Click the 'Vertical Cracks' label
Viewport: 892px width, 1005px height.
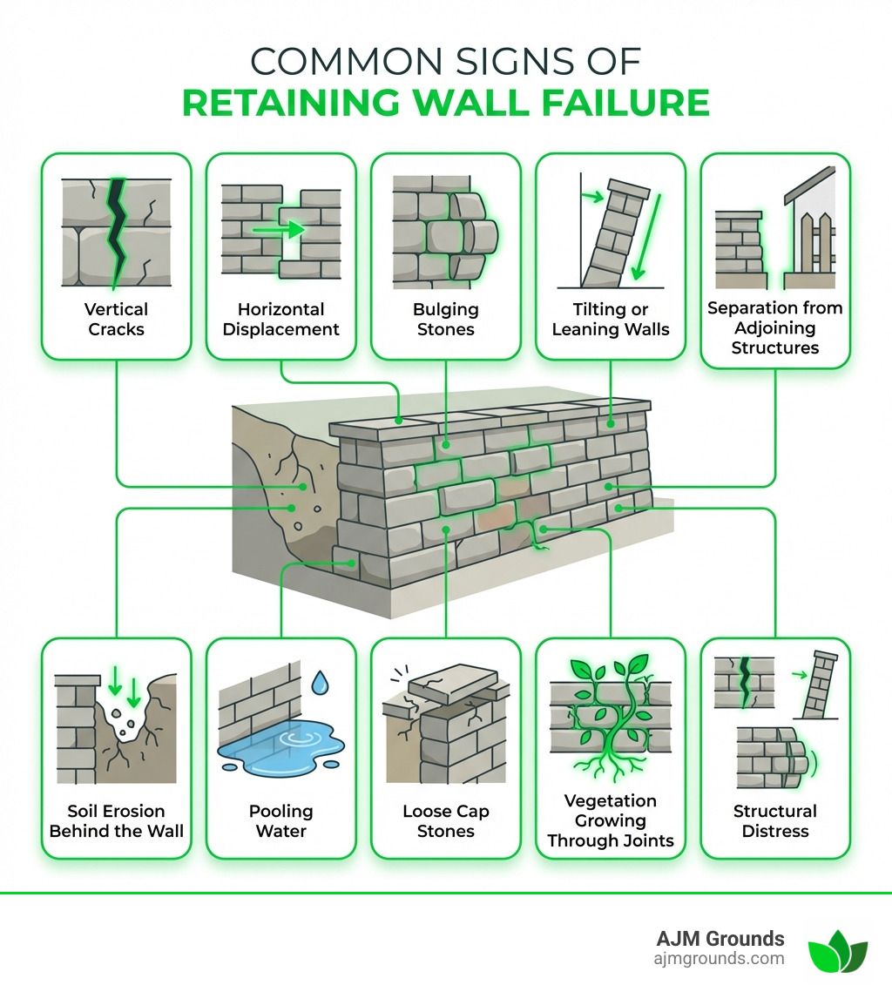point(116,319)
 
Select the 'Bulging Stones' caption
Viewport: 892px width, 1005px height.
point(445,319)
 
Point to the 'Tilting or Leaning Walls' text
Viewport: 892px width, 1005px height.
point(610,319)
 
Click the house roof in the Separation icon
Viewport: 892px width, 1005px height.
point(808,185)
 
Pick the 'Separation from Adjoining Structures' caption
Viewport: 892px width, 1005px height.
point(774,327)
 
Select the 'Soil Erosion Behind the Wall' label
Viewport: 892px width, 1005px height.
point(116,820)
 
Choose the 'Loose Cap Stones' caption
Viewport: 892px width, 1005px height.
point(445,820)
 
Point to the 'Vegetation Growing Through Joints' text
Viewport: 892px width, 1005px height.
point(610,820)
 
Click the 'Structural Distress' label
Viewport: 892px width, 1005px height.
point(774,820)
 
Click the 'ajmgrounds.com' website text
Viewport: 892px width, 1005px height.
point(719,959)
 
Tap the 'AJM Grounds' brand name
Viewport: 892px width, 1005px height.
point(720,938)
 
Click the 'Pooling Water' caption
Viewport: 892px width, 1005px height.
point(280,820)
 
